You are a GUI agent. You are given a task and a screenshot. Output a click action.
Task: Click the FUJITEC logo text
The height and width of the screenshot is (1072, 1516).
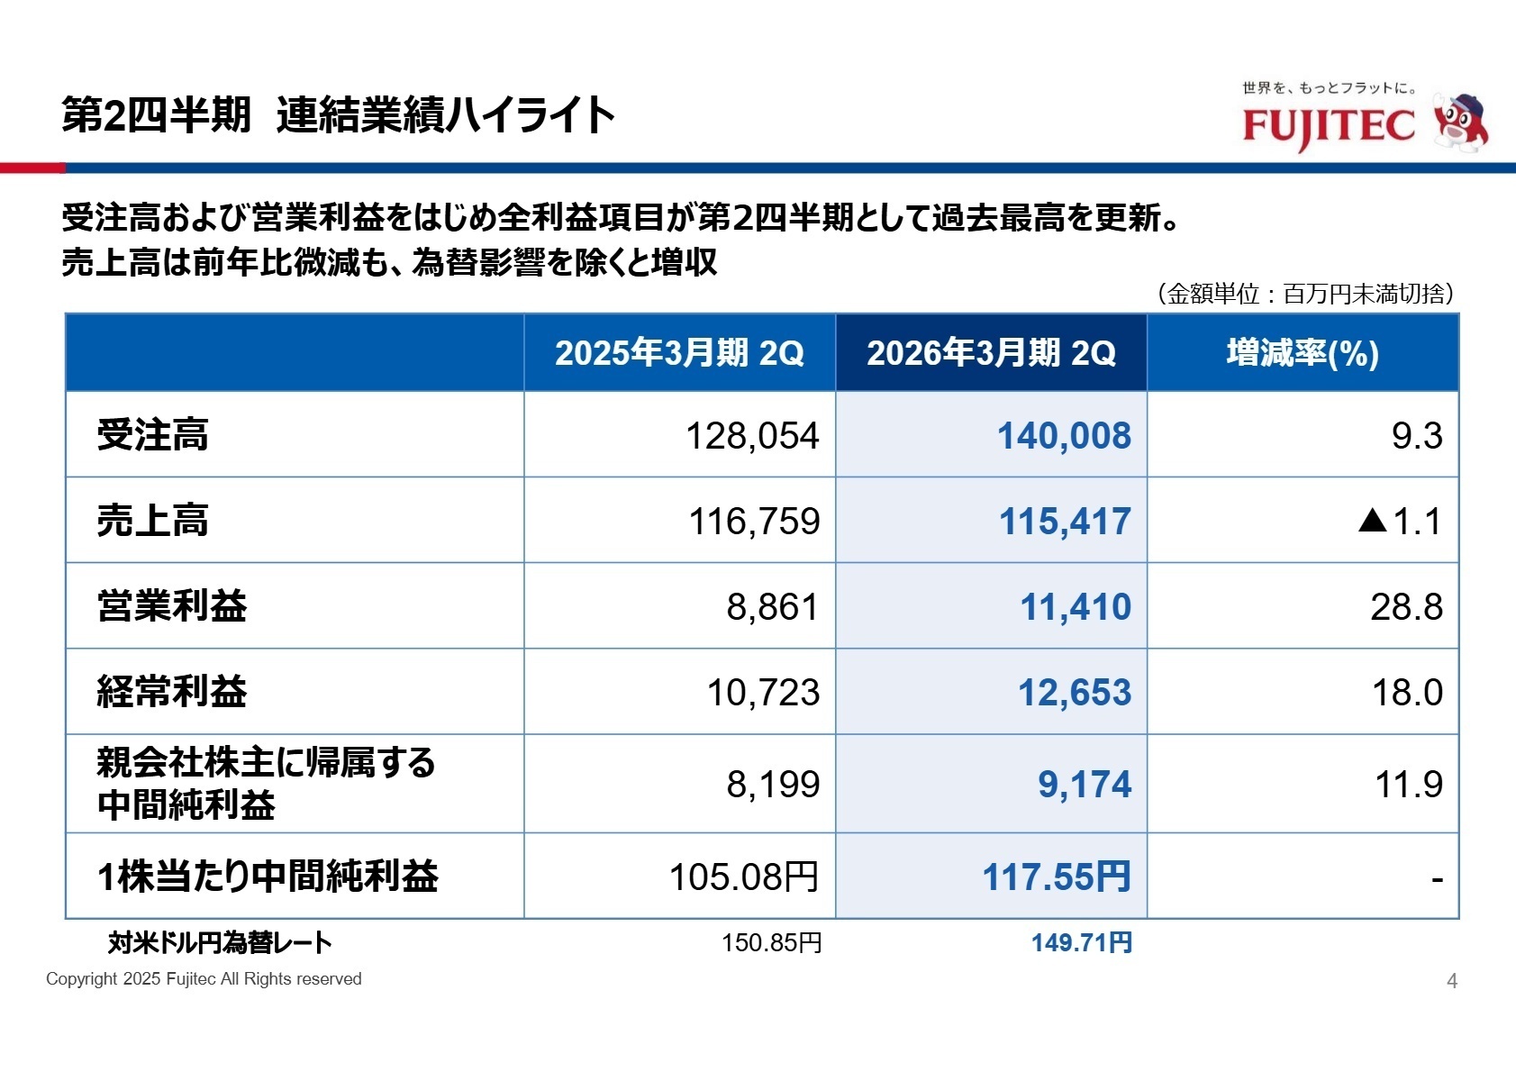pos(1329,126)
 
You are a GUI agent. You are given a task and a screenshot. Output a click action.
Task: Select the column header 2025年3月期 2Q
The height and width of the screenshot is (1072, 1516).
pos(679,353)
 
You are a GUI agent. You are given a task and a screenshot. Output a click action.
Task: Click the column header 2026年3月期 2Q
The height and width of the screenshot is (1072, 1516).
pos(991,353)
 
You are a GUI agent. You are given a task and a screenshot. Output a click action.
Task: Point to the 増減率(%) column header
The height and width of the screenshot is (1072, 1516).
pos(1303,353)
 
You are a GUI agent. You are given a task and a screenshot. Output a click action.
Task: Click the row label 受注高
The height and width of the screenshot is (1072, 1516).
pos(153,435)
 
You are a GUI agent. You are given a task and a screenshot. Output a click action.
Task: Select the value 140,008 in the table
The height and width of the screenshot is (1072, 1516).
pos(1064,436)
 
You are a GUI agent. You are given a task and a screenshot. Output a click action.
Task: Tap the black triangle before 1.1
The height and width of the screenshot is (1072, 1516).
pos(1372,520)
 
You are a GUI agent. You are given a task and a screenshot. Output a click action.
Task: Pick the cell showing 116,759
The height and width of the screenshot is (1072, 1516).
pos(754,522)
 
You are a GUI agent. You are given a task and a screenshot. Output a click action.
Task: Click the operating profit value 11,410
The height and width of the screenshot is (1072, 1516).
pos(1075,607)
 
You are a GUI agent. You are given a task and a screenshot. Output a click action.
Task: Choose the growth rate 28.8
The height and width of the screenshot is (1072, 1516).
pos(1406,607)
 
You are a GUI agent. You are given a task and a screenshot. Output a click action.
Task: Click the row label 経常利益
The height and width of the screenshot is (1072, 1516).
pos(172,692)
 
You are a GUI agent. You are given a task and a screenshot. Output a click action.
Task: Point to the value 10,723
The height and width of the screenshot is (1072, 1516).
pos(763,693)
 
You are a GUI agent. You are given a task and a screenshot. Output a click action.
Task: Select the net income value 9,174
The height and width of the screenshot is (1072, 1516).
pos(1084,784)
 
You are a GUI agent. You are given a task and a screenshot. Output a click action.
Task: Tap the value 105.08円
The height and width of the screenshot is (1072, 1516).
pos(744,877)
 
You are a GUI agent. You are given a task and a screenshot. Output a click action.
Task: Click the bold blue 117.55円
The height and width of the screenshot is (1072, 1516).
pos(1056,877)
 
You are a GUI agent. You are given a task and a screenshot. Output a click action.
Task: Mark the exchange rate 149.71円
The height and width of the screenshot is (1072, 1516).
pos(1081,943)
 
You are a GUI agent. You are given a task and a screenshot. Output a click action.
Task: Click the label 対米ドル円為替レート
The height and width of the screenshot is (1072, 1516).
pos(220,943)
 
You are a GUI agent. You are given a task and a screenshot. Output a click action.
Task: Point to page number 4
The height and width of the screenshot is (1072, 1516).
pos(1451,981)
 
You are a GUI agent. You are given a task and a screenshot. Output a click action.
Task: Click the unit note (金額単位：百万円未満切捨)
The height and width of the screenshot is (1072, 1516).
pos(1305,294)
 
